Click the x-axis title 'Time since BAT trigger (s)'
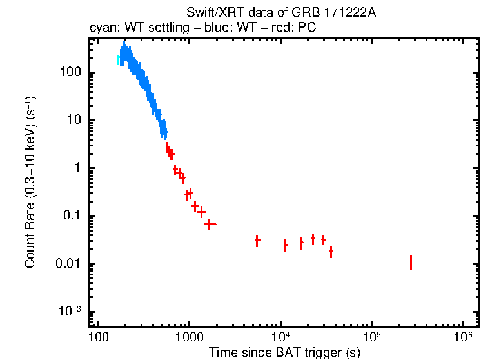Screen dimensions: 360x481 tap(284, 352)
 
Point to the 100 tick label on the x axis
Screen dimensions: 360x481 tap(98, 337)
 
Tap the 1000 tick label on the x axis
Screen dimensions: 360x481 tap(189, 337)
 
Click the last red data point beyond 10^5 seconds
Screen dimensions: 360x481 tap(411, 263)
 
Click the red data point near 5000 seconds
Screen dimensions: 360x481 tap(257, 241)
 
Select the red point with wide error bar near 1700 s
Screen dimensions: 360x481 tap(210, 224)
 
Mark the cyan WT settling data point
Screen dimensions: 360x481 tap(118, 60)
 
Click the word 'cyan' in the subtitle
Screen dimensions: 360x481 tap(101, 29)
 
